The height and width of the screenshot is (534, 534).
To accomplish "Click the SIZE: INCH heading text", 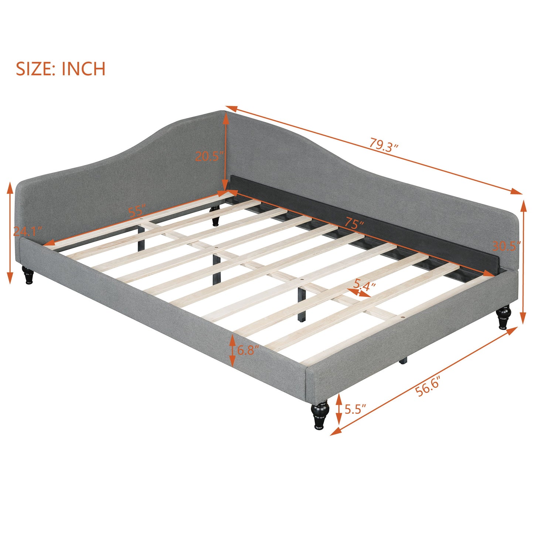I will (x=61, y=69).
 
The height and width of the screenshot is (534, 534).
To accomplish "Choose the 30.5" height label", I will (x=506, y=246).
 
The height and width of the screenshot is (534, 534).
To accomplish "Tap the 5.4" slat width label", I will (x=364, y=285).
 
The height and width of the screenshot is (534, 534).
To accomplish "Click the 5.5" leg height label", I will (x=355, y=409).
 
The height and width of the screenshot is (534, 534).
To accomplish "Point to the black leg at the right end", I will (x=504, y=317).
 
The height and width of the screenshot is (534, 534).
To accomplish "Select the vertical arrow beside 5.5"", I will (x=339, y=409).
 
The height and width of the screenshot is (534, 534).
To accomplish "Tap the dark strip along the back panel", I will (x=362, y=225).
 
